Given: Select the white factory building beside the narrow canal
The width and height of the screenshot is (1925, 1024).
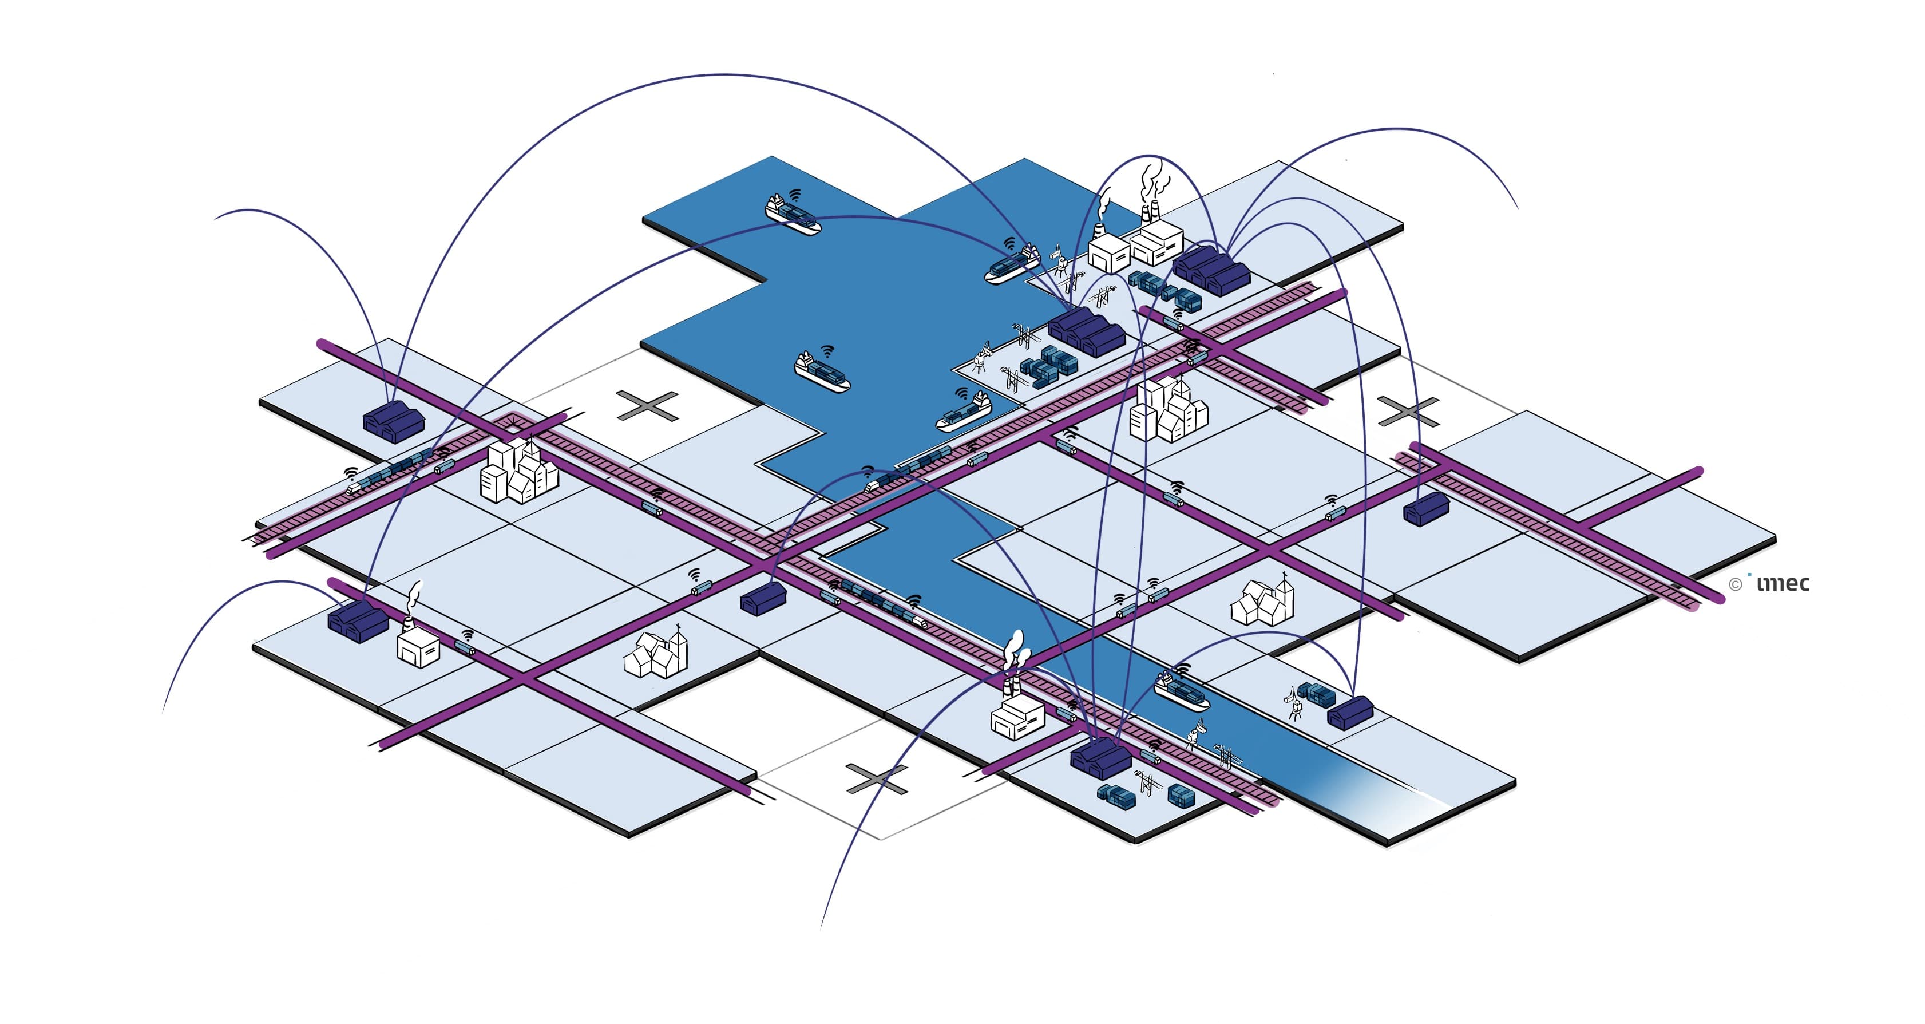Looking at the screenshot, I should pyautogui.click(x=1017, y=718).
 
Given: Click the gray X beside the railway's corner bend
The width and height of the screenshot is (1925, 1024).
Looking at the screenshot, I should pyautogui.click(x=648, y=406).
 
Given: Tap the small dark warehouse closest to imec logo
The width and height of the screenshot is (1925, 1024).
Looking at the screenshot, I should pyautogui.click(x=1426, y=511).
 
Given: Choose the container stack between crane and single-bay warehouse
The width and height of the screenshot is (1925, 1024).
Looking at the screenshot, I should pyautogui.click(x=1317, y=694).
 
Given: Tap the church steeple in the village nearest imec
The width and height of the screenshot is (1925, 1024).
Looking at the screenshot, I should pyautogui.click(x=1284, y=591).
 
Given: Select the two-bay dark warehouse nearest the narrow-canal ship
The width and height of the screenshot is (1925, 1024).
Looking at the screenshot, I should pyautogui.click(x=1100, y=758).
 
